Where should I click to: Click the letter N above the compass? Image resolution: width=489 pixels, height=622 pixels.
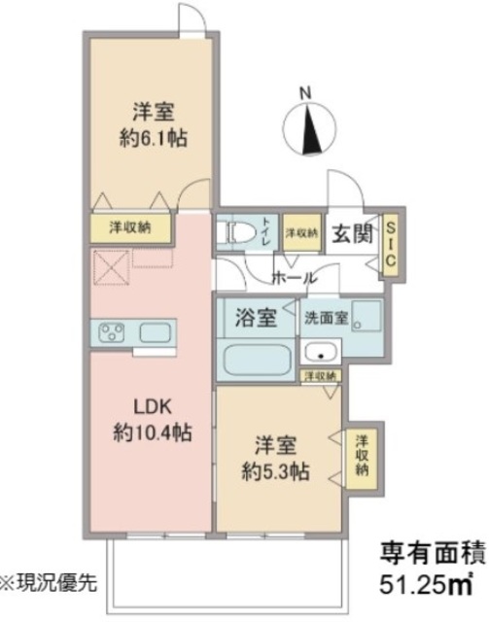click(305, 93)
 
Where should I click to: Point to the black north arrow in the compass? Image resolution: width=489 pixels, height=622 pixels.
click(311, 126)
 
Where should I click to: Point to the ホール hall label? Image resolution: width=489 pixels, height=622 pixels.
click(294, 278)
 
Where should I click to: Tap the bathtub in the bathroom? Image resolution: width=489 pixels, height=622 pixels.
click(256, 360)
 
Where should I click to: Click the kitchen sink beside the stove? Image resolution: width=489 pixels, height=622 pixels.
click(155, 334)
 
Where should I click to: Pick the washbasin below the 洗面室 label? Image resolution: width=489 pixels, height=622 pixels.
click(317, 351)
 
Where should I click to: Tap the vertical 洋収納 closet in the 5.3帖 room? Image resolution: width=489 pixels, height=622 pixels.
click(361, 455)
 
